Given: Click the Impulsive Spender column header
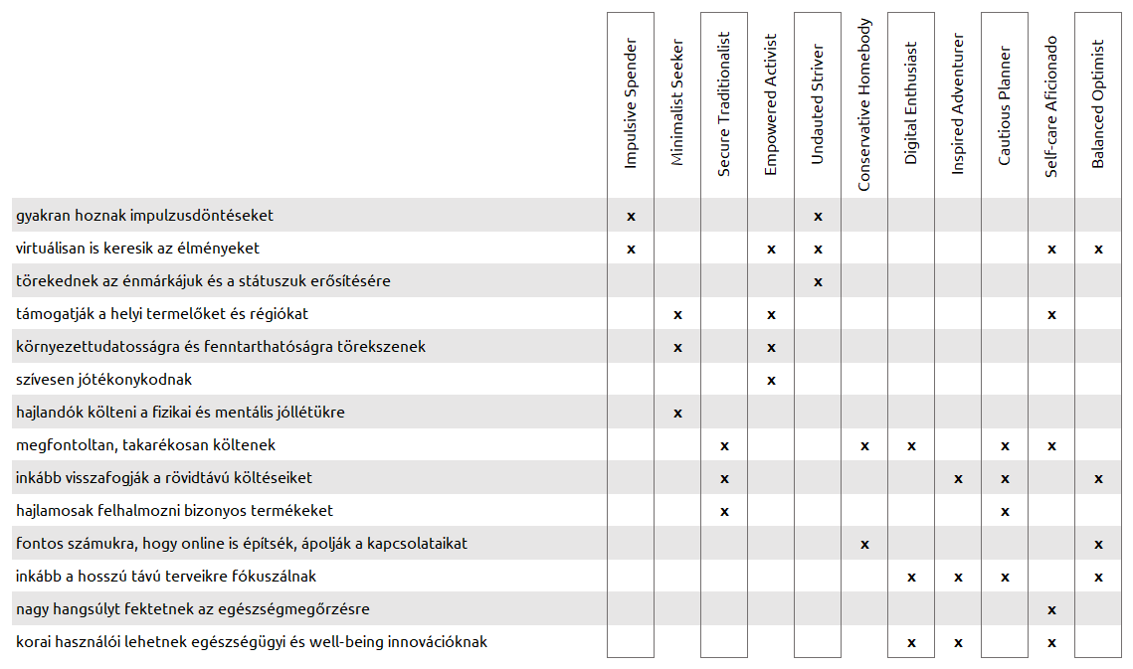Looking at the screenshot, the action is (630, 103).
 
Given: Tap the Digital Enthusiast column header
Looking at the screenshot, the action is (911, 103).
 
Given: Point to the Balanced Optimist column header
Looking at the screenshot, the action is (1098, 104).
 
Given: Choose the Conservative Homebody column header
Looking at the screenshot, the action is (864, 104).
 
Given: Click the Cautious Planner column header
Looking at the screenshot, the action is (1005, 105).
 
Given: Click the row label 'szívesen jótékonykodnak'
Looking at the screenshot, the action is (104, 380).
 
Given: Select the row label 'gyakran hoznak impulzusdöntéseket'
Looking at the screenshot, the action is (145, 215).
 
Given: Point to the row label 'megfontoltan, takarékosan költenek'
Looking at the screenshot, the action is (146, 445).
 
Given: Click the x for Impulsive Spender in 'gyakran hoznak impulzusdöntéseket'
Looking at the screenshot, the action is (631, 216).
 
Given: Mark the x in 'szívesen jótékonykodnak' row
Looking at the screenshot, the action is (771, 380).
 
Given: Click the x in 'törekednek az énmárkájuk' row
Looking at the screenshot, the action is (818, 281).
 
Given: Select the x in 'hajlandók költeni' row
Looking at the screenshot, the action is (677, 413).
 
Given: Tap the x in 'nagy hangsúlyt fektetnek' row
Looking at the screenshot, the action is (1051, 609).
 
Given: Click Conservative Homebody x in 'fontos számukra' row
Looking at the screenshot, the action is (864, 544).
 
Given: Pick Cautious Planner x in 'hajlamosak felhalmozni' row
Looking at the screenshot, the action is (1005, 511).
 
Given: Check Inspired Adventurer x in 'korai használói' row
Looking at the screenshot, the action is (958, 642).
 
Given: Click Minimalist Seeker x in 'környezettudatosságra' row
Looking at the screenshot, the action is (677, 347).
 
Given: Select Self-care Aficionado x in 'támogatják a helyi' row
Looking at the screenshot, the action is (1051, 314).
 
